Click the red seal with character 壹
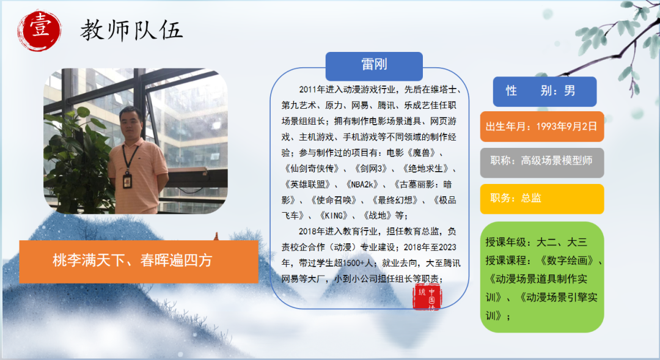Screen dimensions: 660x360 (40, 31)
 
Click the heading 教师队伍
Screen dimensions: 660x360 (132, 31)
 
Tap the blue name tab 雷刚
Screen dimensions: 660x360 (374, 65)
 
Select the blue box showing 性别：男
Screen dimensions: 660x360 (544, 91)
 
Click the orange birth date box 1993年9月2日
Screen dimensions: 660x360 (541, 127)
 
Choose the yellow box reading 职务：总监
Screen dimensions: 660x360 (541, 199)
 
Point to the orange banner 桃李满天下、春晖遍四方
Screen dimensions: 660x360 (139, 261)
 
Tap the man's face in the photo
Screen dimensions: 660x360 (131, 123)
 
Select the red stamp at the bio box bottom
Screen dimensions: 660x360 (427, 297)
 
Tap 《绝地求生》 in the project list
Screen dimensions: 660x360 (425, 169)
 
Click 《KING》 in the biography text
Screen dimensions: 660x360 (334, 216)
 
